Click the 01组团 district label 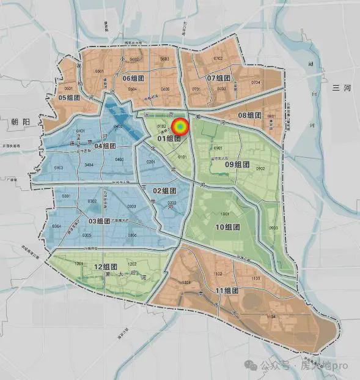coord(169,138)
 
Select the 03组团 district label coord(103,221)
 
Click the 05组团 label coord(70,97)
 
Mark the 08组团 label coord(249,115)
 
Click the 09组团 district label coord(238,164)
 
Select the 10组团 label coord(227,227)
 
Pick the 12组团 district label coord(106,267)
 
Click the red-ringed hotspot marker coord(180,127)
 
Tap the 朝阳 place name coord(20,122)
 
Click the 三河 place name coord(339,89)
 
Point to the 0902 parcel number coord(261,169)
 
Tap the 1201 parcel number coord(79,263)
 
